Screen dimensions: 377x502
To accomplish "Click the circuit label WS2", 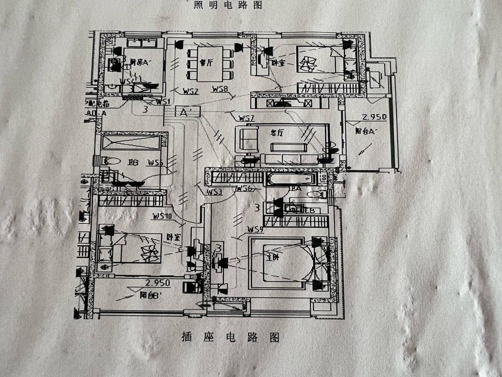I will [191, 91].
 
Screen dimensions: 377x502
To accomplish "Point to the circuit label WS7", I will [247, 118].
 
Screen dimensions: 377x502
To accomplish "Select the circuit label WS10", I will [163, 216].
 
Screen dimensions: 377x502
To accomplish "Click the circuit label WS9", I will [255, 229].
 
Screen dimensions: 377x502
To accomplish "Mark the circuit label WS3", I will [214, 192].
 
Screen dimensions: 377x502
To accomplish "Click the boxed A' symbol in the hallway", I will [187, 112].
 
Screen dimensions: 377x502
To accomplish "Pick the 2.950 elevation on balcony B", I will [158, 283].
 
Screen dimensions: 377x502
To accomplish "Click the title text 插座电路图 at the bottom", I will [230, 337].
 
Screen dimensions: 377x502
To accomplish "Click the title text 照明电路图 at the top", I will [228, 5].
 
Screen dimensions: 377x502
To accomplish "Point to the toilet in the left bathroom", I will [112, 161].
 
